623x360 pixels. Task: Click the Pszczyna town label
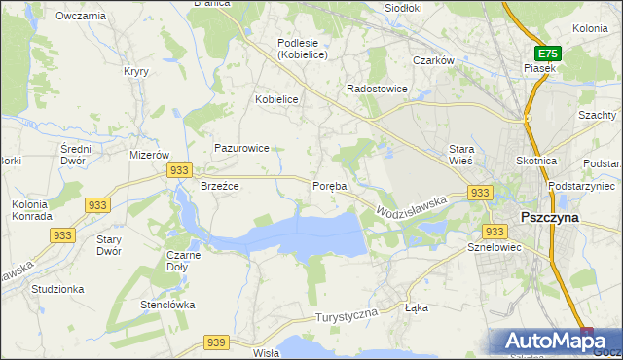pyautogui.click(x=550, y=218)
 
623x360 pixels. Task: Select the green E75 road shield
pyautogui.click(x=547, y=54)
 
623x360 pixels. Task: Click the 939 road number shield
pyautogui.click(x=216, y=342)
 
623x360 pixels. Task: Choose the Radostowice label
pyautogui.click(x=377, y=89)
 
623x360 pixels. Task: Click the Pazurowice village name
pyautogui.click(x=241, y=148)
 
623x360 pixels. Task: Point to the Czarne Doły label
pyautogui.click(x=184, y=261)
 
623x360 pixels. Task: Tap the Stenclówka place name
pyautogui.click(x=167, y=305)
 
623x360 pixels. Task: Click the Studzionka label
pyautogui.click(x=57, y=289)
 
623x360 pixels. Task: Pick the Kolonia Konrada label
pyautogui.click(x=30, y=210)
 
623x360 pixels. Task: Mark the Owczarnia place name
pyautogui.click(x=81, y=17)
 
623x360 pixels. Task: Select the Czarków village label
pyautogui.click(x=434, y=60)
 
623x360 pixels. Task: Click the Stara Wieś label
pyautogui.click(x=460, y=155)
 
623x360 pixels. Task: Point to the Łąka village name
pyautogui.click(x=416, y=307)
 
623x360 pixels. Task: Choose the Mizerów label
pyautogui.click(x=150, y=155)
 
